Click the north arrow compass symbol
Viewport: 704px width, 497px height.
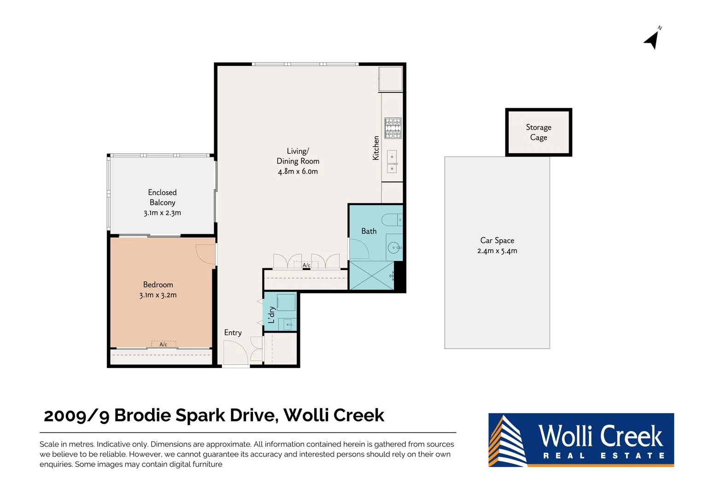[x=652, y=40]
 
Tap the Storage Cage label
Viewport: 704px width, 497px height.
[x=538, y=132]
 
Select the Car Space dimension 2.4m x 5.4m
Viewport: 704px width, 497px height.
[x=497, y=251]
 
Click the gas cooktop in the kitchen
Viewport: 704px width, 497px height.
[x=393, y=128]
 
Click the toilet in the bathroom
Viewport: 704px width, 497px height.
[x=392, y=220]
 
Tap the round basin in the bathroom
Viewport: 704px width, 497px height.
[x=394, y=248]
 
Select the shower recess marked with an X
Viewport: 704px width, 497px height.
[x=372, y=276]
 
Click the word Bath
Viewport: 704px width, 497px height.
[x=369, y=231]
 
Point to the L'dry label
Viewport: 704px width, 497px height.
[x=271, y=315]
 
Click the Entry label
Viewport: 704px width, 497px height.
[x=233, y=332]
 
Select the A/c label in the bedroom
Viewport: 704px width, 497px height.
[x=163, y=344]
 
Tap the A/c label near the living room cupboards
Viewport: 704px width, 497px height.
[x=306, y=265]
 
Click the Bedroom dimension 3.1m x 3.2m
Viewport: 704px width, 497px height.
[x=158, y=295]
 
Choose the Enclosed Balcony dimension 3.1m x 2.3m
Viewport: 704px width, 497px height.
[x=162, y=213]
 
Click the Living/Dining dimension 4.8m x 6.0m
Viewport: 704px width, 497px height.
[x=298, y=171]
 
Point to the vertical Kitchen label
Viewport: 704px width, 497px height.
[x=376, y=148]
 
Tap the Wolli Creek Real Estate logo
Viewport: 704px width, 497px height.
[x=581, y=440]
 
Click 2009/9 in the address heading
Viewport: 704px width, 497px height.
[x=76, y=416]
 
